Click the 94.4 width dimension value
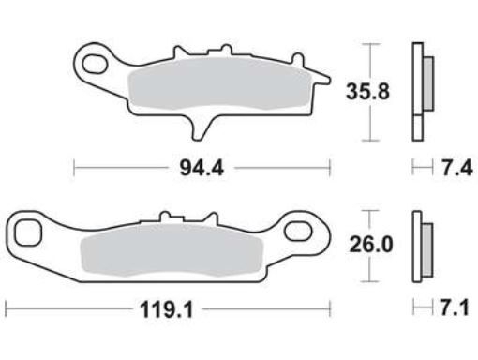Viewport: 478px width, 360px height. pos(201,169)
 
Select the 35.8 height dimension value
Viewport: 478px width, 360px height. pos(368,92)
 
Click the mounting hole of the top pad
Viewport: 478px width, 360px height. pos(96,65)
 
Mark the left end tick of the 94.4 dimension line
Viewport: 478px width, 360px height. pos(75,169)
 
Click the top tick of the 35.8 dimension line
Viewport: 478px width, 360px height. pos(373,44)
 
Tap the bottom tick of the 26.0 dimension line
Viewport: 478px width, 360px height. pos(373,280)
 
